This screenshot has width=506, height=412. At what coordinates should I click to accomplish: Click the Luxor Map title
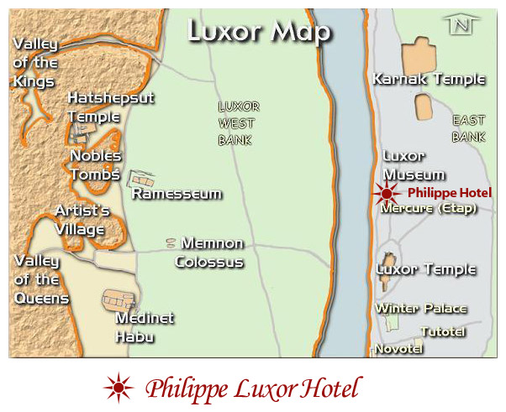[258, 31]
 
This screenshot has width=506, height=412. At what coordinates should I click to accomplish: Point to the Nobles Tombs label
[96, 164]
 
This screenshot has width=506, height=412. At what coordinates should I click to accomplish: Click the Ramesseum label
[177, 194]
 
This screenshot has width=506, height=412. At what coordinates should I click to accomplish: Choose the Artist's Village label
[81, 220]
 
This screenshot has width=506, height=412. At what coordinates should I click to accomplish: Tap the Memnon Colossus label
[208, 253]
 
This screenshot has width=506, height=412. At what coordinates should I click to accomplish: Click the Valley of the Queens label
[40, 279]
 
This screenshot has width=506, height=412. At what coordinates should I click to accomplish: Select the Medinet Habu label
[144, 327]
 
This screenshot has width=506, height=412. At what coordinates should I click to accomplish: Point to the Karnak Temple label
[428, 80]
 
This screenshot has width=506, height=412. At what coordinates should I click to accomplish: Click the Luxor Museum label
[414, 165]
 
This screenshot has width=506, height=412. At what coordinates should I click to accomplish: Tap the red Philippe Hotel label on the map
[450, 193]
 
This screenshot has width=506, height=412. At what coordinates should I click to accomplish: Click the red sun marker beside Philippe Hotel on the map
[387, 194]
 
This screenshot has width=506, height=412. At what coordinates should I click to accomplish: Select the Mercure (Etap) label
[429, 208]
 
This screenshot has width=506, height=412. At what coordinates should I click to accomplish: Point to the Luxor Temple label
[426, 270]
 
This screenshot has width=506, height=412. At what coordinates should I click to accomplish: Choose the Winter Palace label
[420, 309]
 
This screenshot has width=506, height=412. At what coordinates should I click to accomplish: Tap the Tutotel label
[443, 331]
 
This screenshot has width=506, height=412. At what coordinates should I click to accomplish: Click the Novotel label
[398, 348]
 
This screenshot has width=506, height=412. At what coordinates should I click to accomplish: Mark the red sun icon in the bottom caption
[119, 389]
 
